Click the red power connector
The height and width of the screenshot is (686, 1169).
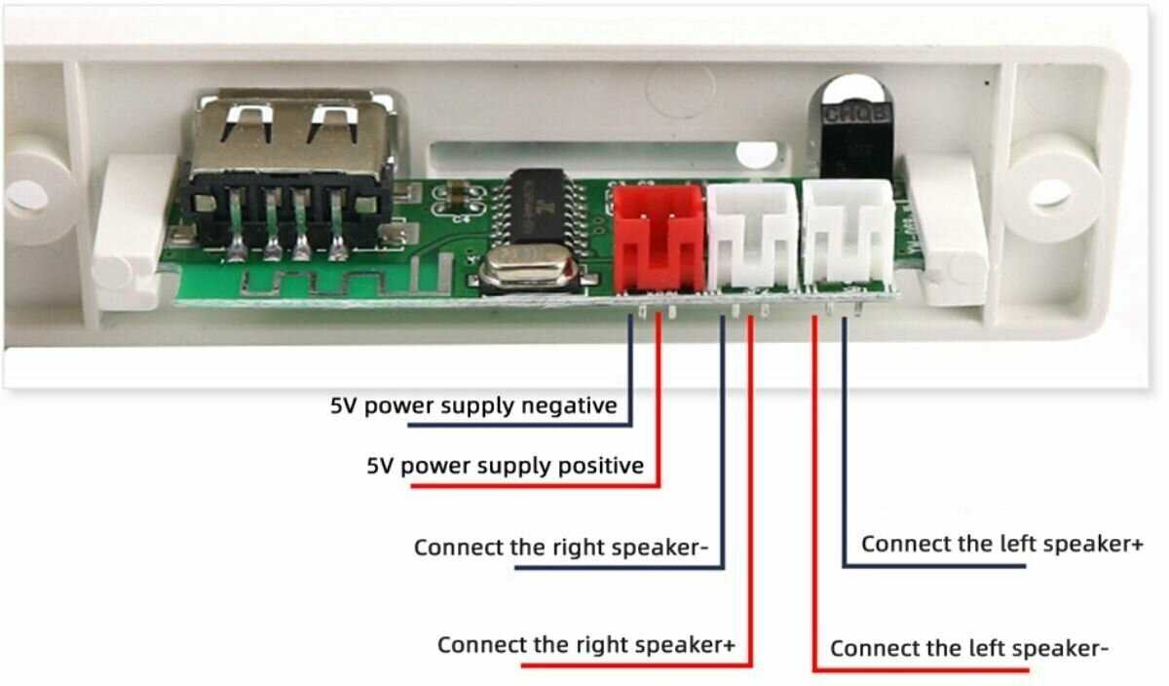659,238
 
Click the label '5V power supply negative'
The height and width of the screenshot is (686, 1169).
472,404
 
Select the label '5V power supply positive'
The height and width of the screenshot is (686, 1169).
505,465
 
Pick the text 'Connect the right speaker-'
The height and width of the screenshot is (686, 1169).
561,547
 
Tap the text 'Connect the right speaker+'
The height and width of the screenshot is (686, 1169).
584,645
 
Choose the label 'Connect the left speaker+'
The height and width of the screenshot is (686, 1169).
1001,544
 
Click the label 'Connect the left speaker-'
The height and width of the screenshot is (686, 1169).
969,648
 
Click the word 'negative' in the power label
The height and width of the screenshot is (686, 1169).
571,404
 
